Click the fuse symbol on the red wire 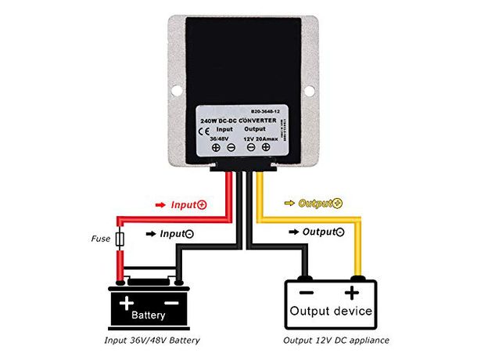(120, 239)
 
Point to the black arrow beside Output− (296, 232)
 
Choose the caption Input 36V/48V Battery (152, 340)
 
